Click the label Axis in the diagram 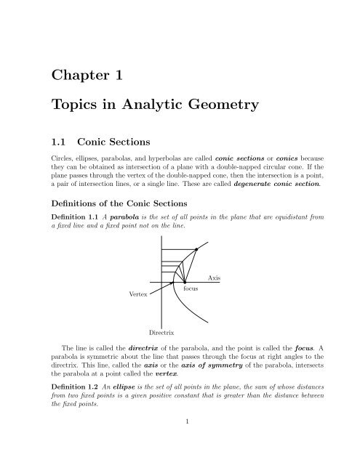click(x=214, y=278)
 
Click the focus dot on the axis click(x=185, y=281)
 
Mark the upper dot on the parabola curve click(x=196, y=249)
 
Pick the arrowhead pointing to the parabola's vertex click(x=172, y=283)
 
